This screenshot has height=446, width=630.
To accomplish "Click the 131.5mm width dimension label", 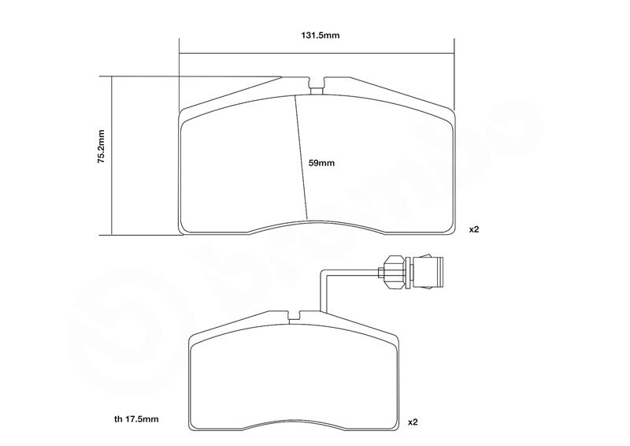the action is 321,35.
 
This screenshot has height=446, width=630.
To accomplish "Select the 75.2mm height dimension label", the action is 102,147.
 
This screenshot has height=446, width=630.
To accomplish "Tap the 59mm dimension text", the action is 321,163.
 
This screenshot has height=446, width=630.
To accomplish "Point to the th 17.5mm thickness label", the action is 136,419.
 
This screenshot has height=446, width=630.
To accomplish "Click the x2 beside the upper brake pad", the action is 474,229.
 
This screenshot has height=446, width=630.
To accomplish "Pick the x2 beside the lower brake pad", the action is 413,422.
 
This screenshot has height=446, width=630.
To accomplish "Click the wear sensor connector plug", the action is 428,273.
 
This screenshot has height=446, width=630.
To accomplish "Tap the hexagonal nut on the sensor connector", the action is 395,273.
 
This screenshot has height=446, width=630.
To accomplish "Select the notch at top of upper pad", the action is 317,85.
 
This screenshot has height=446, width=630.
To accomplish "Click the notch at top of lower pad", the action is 295,315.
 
